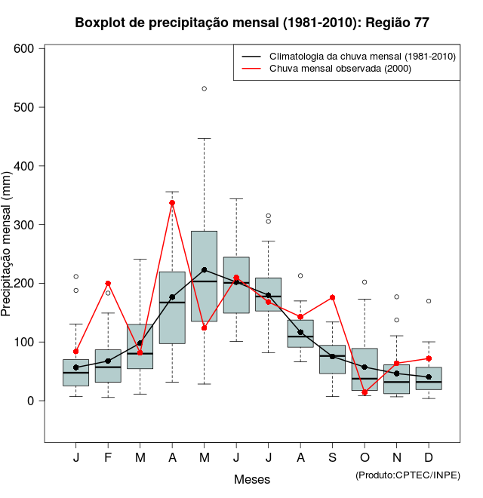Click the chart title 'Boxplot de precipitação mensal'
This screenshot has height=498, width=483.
point(252,23)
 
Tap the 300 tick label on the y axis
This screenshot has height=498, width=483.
point(26,225)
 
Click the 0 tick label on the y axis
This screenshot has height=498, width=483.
point(32,401)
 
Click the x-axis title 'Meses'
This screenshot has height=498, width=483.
point(252,479)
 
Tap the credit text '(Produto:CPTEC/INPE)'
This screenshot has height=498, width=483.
point(408,475)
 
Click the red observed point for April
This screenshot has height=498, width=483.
point(172,203)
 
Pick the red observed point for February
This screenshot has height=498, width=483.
point(108,283)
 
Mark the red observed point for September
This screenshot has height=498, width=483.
point(332,297)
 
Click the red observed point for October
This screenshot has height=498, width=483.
point(365,392)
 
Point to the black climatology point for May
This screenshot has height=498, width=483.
point(204,269)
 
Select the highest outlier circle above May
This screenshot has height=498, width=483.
point(204,88)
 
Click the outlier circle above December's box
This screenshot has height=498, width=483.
point(429,301)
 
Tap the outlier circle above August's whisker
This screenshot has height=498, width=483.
point(300,275)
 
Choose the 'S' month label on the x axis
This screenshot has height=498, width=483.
point(332,458)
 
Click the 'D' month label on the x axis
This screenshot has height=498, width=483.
point(429,458)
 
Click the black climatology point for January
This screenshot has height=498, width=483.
point(76,367)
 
